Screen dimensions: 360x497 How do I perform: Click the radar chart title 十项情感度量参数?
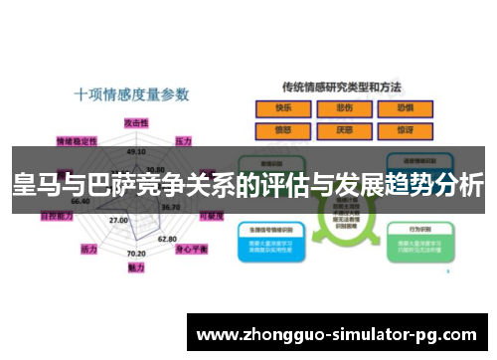[x=132, y=95]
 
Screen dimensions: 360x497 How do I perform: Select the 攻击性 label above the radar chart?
[x=136, y=120]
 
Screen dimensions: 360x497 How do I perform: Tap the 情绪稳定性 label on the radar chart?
[x=77, y=140]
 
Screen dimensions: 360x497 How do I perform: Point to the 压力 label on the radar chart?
[x=184, y=140]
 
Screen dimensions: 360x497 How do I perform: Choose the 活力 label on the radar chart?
[x=89, y=248]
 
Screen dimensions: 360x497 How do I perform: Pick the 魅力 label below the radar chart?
[x=136, y=268]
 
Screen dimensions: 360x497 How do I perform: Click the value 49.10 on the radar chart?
[x=136, y=152]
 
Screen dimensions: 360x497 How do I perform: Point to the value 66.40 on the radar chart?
[x=81, y=201]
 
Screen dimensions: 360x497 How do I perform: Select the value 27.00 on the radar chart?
[x=118, y=220]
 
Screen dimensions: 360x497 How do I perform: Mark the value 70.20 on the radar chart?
[x=136, y=254]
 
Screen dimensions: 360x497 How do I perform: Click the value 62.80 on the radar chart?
[x=167, y=239]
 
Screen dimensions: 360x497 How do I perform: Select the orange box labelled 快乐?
[x=284, y=108]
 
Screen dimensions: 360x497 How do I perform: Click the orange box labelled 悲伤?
[x=345, y=108]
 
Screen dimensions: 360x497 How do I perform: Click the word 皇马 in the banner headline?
[x=32, y=185]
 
